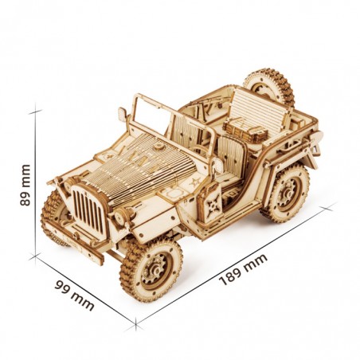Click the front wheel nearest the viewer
(151, 268)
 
